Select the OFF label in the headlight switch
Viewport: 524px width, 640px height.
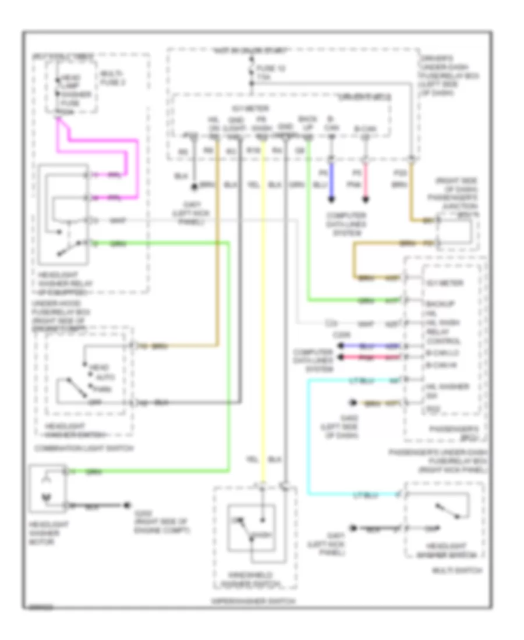point(92,400)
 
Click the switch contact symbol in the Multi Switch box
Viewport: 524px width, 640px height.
point(448,513)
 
